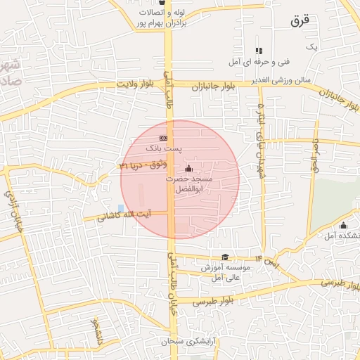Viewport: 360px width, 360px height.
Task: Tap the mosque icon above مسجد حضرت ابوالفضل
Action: (188, 169)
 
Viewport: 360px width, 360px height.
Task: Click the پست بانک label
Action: (163, 149)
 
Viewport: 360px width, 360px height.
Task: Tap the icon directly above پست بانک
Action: (163, 139)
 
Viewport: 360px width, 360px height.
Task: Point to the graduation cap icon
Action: (225, 257)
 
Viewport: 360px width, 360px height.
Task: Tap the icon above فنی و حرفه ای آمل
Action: (259, 51)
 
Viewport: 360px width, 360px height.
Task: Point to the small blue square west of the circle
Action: (121, 208)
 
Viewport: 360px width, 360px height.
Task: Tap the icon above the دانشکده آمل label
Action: (343, 225)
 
